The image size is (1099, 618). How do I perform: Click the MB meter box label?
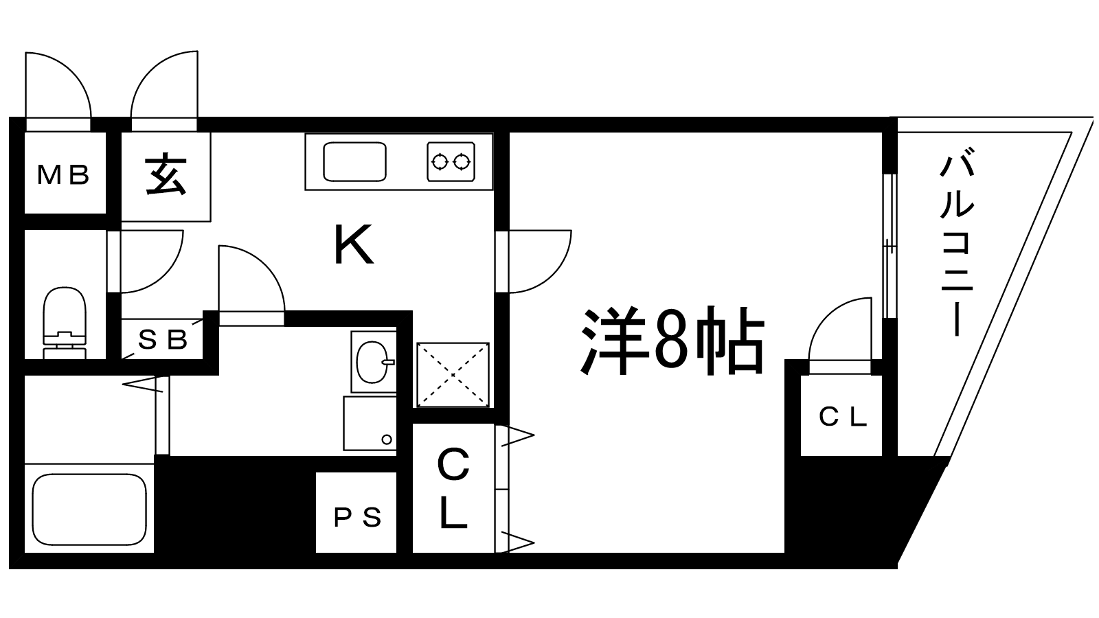(64, 176)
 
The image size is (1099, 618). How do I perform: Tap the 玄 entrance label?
(166, 176)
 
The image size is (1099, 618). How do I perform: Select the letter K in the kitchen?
(354, 246)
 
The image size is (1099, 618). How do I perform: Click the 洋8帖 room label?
(673, 341)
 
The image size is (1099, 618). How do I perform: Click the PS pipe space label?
(357, 517)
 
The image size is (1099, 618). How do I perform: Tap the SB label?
(163, 339)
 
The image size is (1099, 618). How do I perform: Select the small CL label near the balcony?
(843, 417)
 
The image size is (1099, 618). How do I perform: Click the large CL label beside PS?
(453, 489)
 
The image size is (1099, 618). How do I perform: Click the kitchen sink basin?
(354, 162)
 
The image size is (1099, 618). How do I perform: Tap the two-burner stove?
(451, 162)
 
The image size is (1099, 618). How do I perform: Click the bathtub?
(89, 508)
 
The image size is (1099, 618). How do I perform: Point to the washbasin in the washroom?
(373, 361)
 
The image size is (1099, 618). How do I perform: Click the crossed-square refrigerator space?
(453, 375)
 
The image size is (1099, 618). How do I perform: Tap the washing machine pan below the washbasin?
(370, 423)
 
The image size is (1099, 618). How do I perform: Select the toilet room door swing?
(148, 261)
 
